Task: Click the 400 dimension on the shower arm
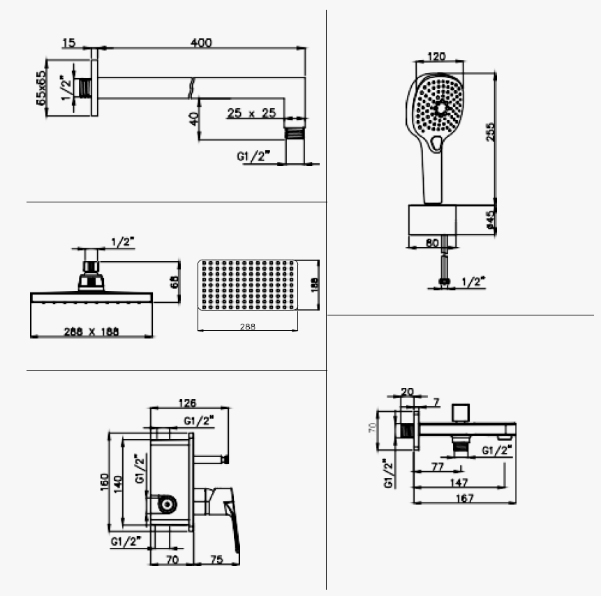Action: pyautogui.click(x=201, y=43)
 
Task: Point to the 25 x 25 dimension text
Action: pyautogui.click(x=251, y=112)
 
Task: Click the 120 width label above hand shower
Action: pyautogui.click(x=437, y=56)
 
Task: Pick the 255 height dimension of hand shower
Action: pyautogui.click(x=491, y=132)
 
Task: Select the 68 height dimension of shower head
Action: pyautogui.click(x=175, y=281)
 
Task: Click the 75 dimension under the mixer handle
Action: pyautogui.click(x=216, y=559)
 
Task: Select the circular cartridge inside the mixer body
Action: pyautogui.click(x=166, y=504)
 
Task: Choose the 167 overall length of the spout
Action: pyautogui.click(x=464, y=498)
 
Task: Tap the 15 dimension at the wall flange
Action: pyautogui.click(x=68, y=43)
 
